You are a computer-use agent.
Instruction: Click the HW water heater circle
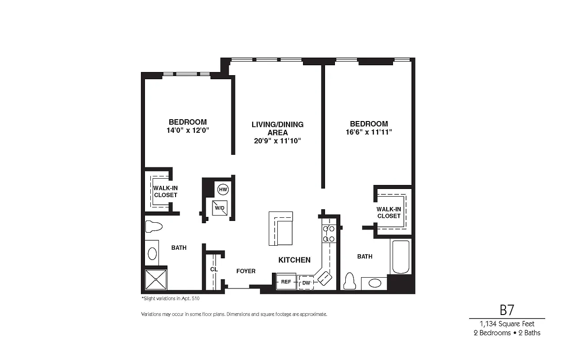tap(223, 189)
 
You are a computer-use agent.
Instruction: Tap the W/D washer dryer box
tap(219, 208)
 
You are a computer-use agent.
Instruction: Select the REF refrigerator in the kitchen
tap(286, 282)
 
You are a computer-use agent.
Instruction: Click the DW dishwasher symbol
tap(306, 283)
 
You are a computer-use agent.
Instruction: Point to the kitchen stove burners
tap(329, 234)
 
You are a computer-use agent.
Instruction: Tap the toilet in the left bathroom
tap(154, 226)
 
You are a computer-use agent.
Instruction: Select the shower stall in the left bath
tap(156, 279)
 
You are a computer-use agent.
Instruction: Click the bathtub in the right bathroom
tap(400, 256)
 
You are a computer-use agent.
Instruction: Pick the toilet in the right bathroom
tap(350, 281)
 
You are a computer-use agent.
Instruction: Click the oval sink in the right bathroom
tap(374, 283)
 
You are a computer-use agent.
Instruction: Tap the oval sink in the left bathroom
tap(152, 253)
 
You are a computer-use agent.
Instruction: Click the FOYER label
tap(246, 271)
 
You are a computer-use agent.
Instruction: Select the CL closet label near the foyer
tap(214, 269)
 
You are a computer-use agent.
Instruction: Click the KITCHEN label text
tap(294, 260)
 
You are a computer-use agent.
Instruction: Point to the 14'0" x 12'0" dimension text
tap(188, 130)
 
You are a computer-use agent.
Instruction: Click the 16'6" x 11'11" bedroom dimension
tap(369, 132)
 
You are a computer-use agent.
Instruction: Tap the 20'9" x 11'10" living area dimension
tap(277, 141)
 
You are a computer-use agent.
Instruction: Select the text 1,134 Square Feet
tap(507, 324)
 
